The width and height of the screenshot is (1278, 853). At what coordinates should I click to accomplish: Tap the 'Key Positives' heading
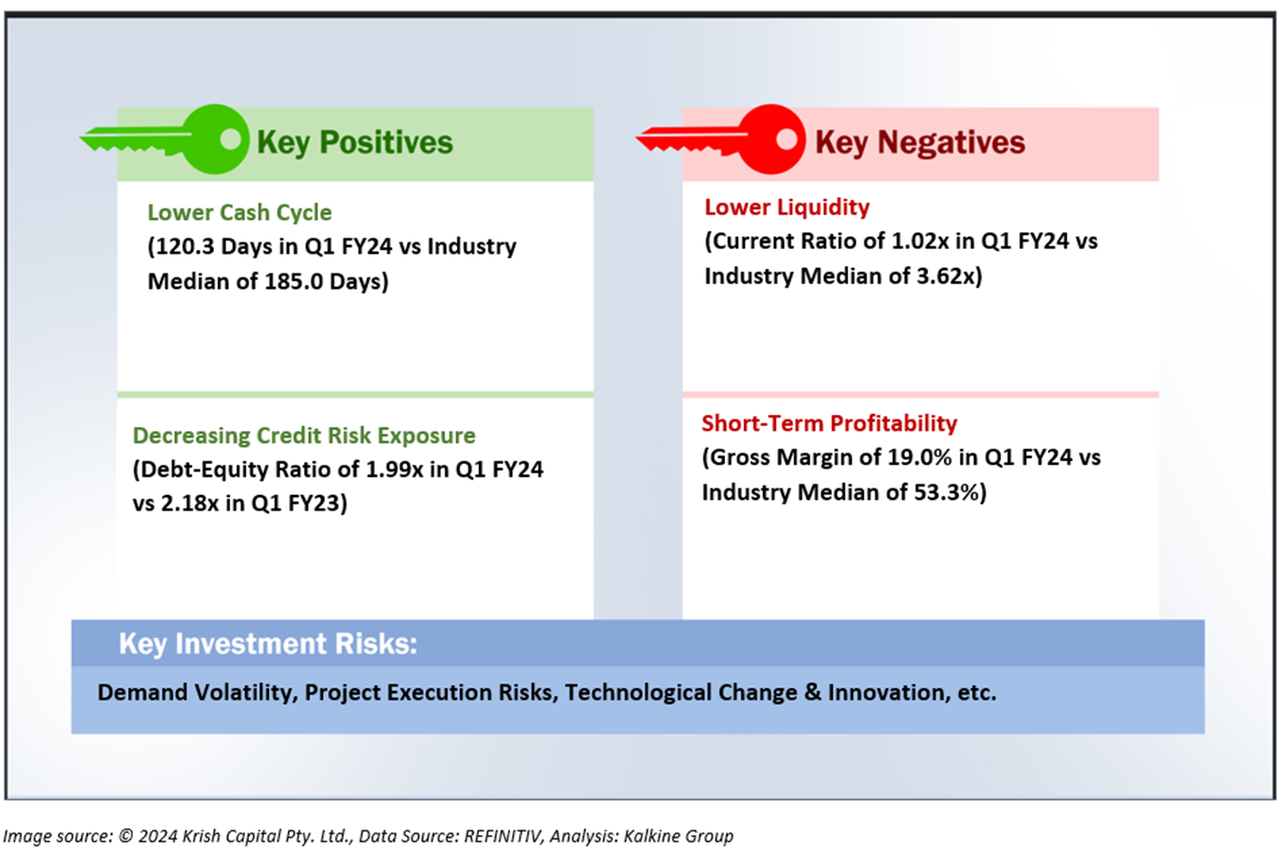tap(355, 143)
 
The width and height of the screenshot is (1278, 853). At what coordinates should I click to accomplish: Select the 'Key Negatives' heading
tap(920, 143)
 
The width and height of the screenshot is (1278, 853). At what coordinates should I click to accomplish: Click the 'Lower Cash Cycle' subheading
tap(240, 212)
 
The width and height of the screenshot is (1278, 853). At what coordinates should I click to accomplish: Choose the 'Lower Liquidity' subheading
tap(787, 207)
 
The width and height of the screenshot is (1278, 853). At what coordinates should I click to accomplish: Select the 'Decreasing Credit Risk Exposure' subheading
tap(304, 435)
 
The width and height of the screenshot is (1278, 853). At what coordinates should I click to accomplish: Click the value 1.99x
tap(394, 469)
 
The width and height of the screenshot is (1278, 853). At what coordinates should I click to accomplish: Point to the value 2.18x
tap(190, 504)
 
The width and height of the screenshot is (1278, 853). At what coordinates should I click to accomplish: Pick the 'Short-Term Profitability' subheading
tap(829, 423)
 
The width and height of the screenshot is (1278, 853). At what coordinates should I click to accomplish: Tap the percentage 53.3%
tap(947, 492)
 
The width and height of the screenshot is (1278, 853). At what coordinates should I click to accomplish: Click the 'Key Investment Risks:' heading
tap(268, 644)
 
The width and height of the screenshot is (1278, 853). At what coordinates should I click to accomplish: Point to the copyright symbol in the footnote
tap(126, 836)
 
